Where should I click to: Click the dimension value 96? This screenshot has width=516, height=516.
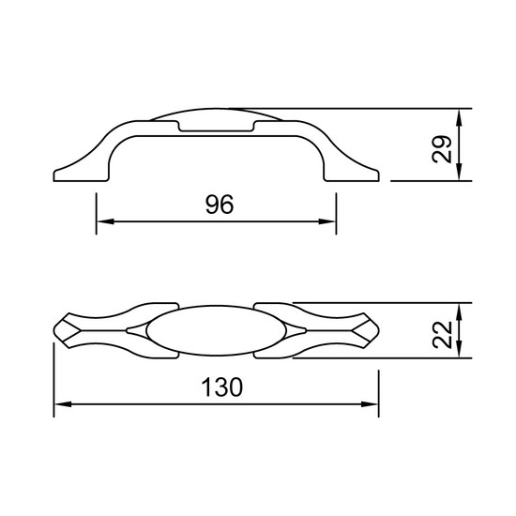pos(220,205)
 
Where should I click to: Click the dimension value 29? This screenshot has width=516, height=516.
pos(441,149)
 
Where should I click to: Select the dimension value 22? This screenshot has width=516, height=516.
pos(442,334)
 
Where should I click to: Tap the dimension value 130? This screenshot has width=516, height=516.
pos(221,387)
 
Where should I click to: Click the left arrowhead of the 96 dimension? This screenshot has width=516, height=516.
pos(105,221)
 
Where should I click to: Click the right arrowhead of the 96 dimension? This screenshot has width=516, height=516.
pos(327,221)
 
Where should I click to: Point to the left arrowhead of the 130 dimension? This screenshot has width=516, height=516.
pos(63,404)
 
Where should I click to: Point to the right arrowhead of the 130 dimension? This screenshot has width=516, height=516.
pos(370,404)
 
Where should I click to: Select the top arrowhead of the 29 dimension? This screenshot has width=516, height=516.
pos(460,117)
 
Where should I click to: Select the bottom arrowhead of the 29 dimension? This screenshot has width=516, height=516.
pos(460,172)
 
